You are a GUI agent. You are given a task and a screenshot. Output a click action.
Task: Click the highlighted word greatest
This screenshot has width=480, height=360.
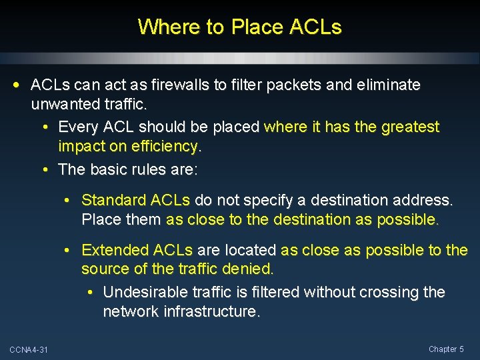[x=411, y=127]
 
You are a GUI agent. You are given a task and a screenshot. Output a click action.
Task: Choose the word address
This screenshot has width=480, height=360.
[x=425, y=200]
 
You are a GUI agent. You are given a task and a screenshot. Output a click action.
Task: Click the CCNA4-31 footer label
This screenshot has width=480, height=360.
[x=29, y=350]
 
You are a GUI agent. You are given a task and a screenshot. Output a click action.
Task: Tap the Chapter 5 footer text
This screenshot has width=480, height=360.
[x=446, y=349]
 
